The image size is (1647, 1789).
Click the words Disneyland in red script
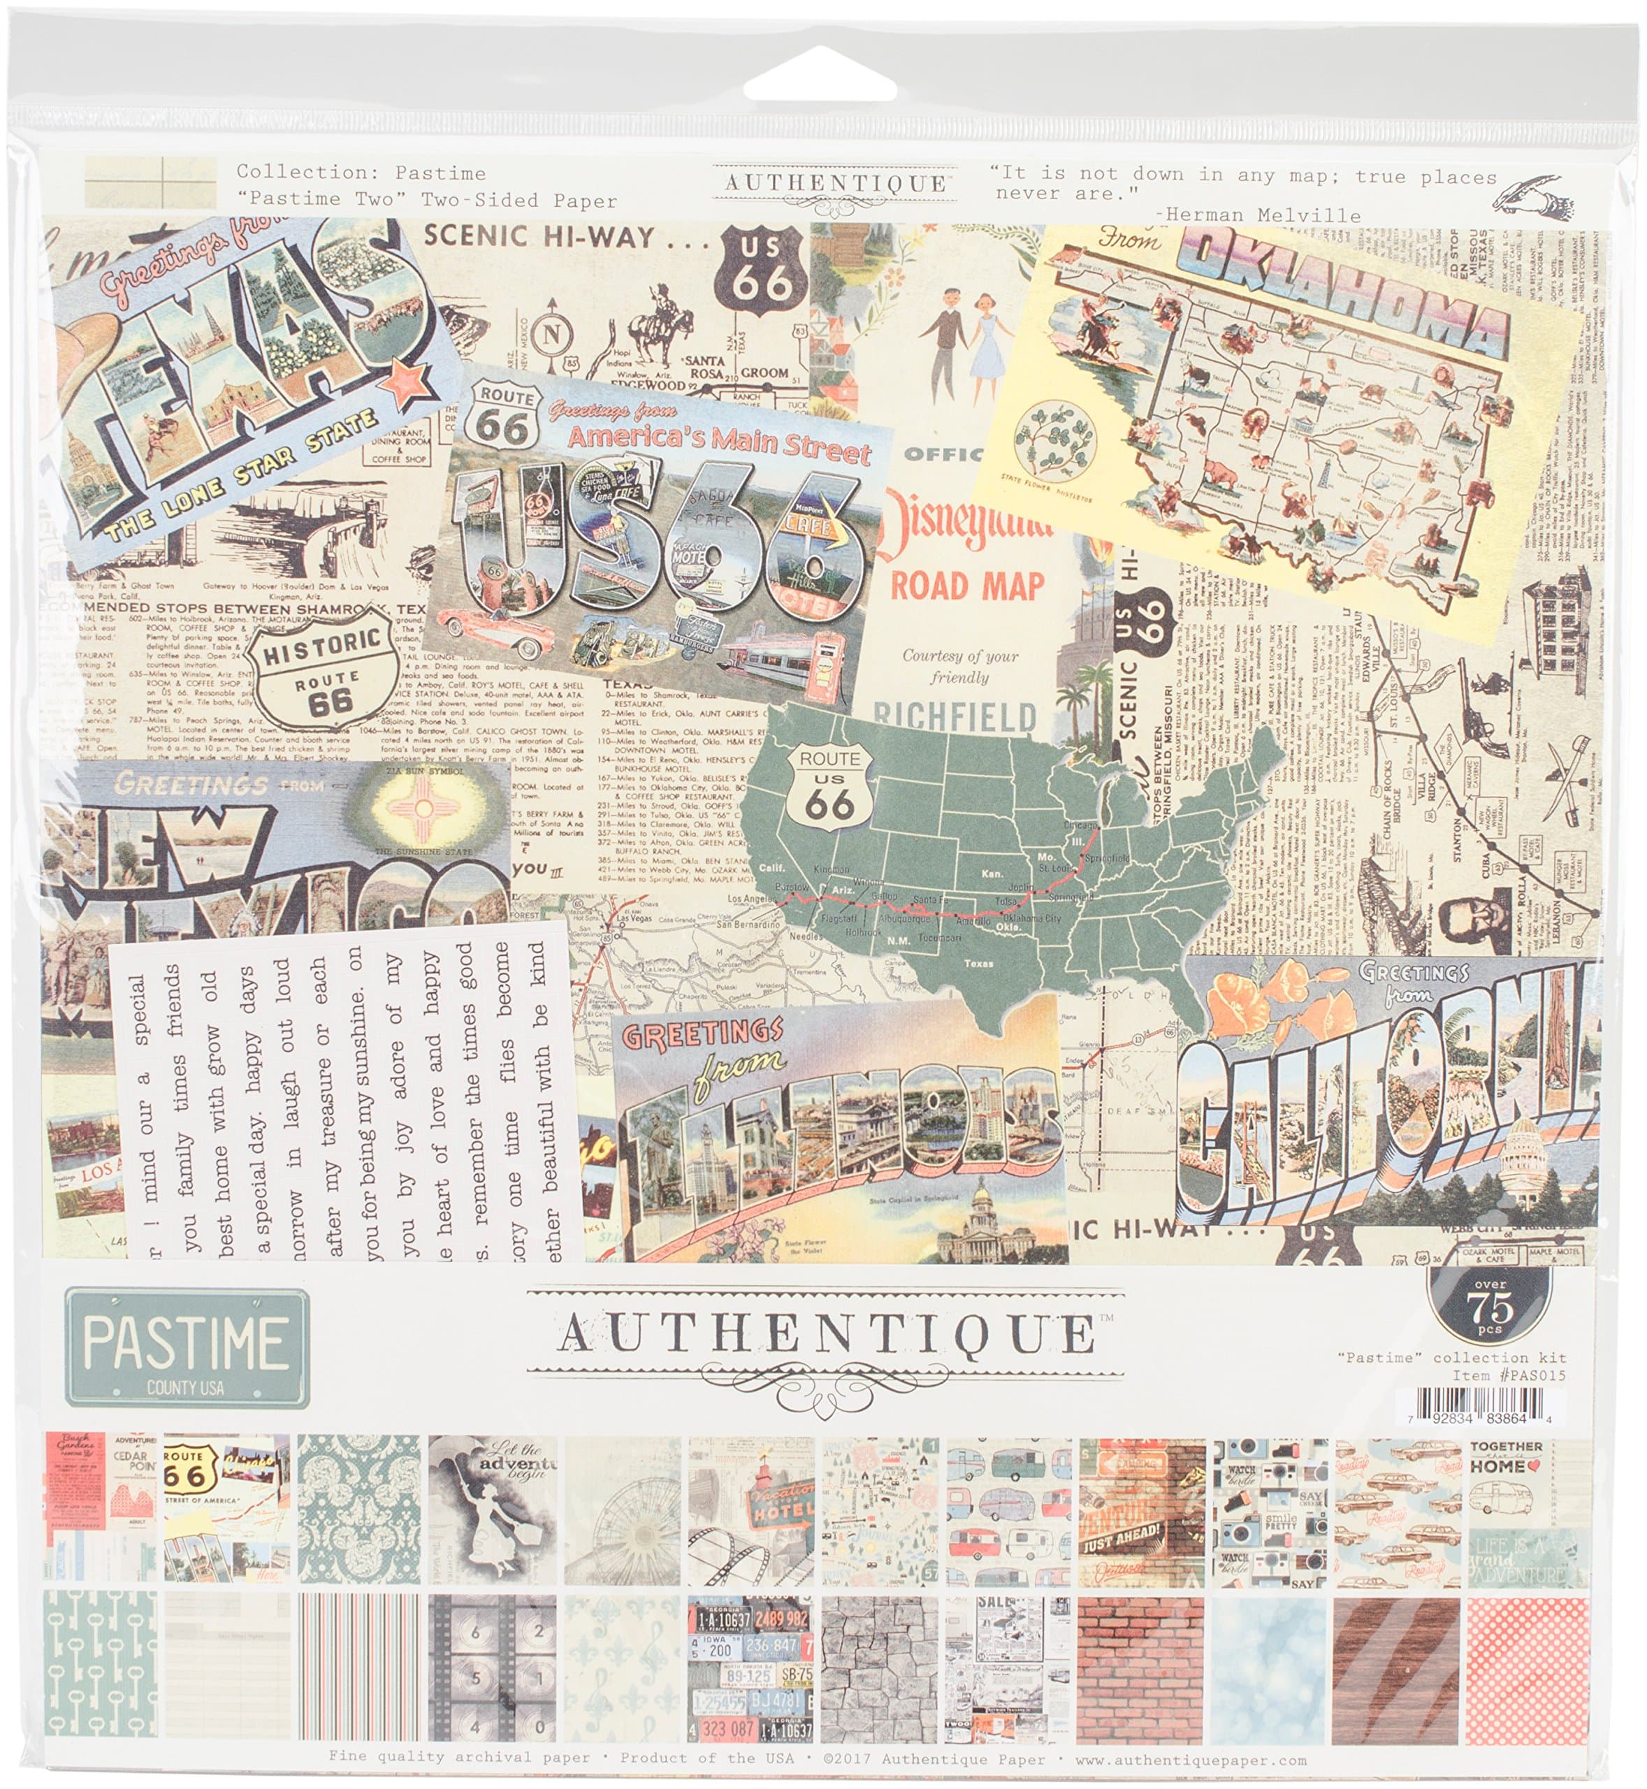point(967,527)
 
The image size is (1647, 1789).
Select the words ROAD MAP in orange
point(967,586)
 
